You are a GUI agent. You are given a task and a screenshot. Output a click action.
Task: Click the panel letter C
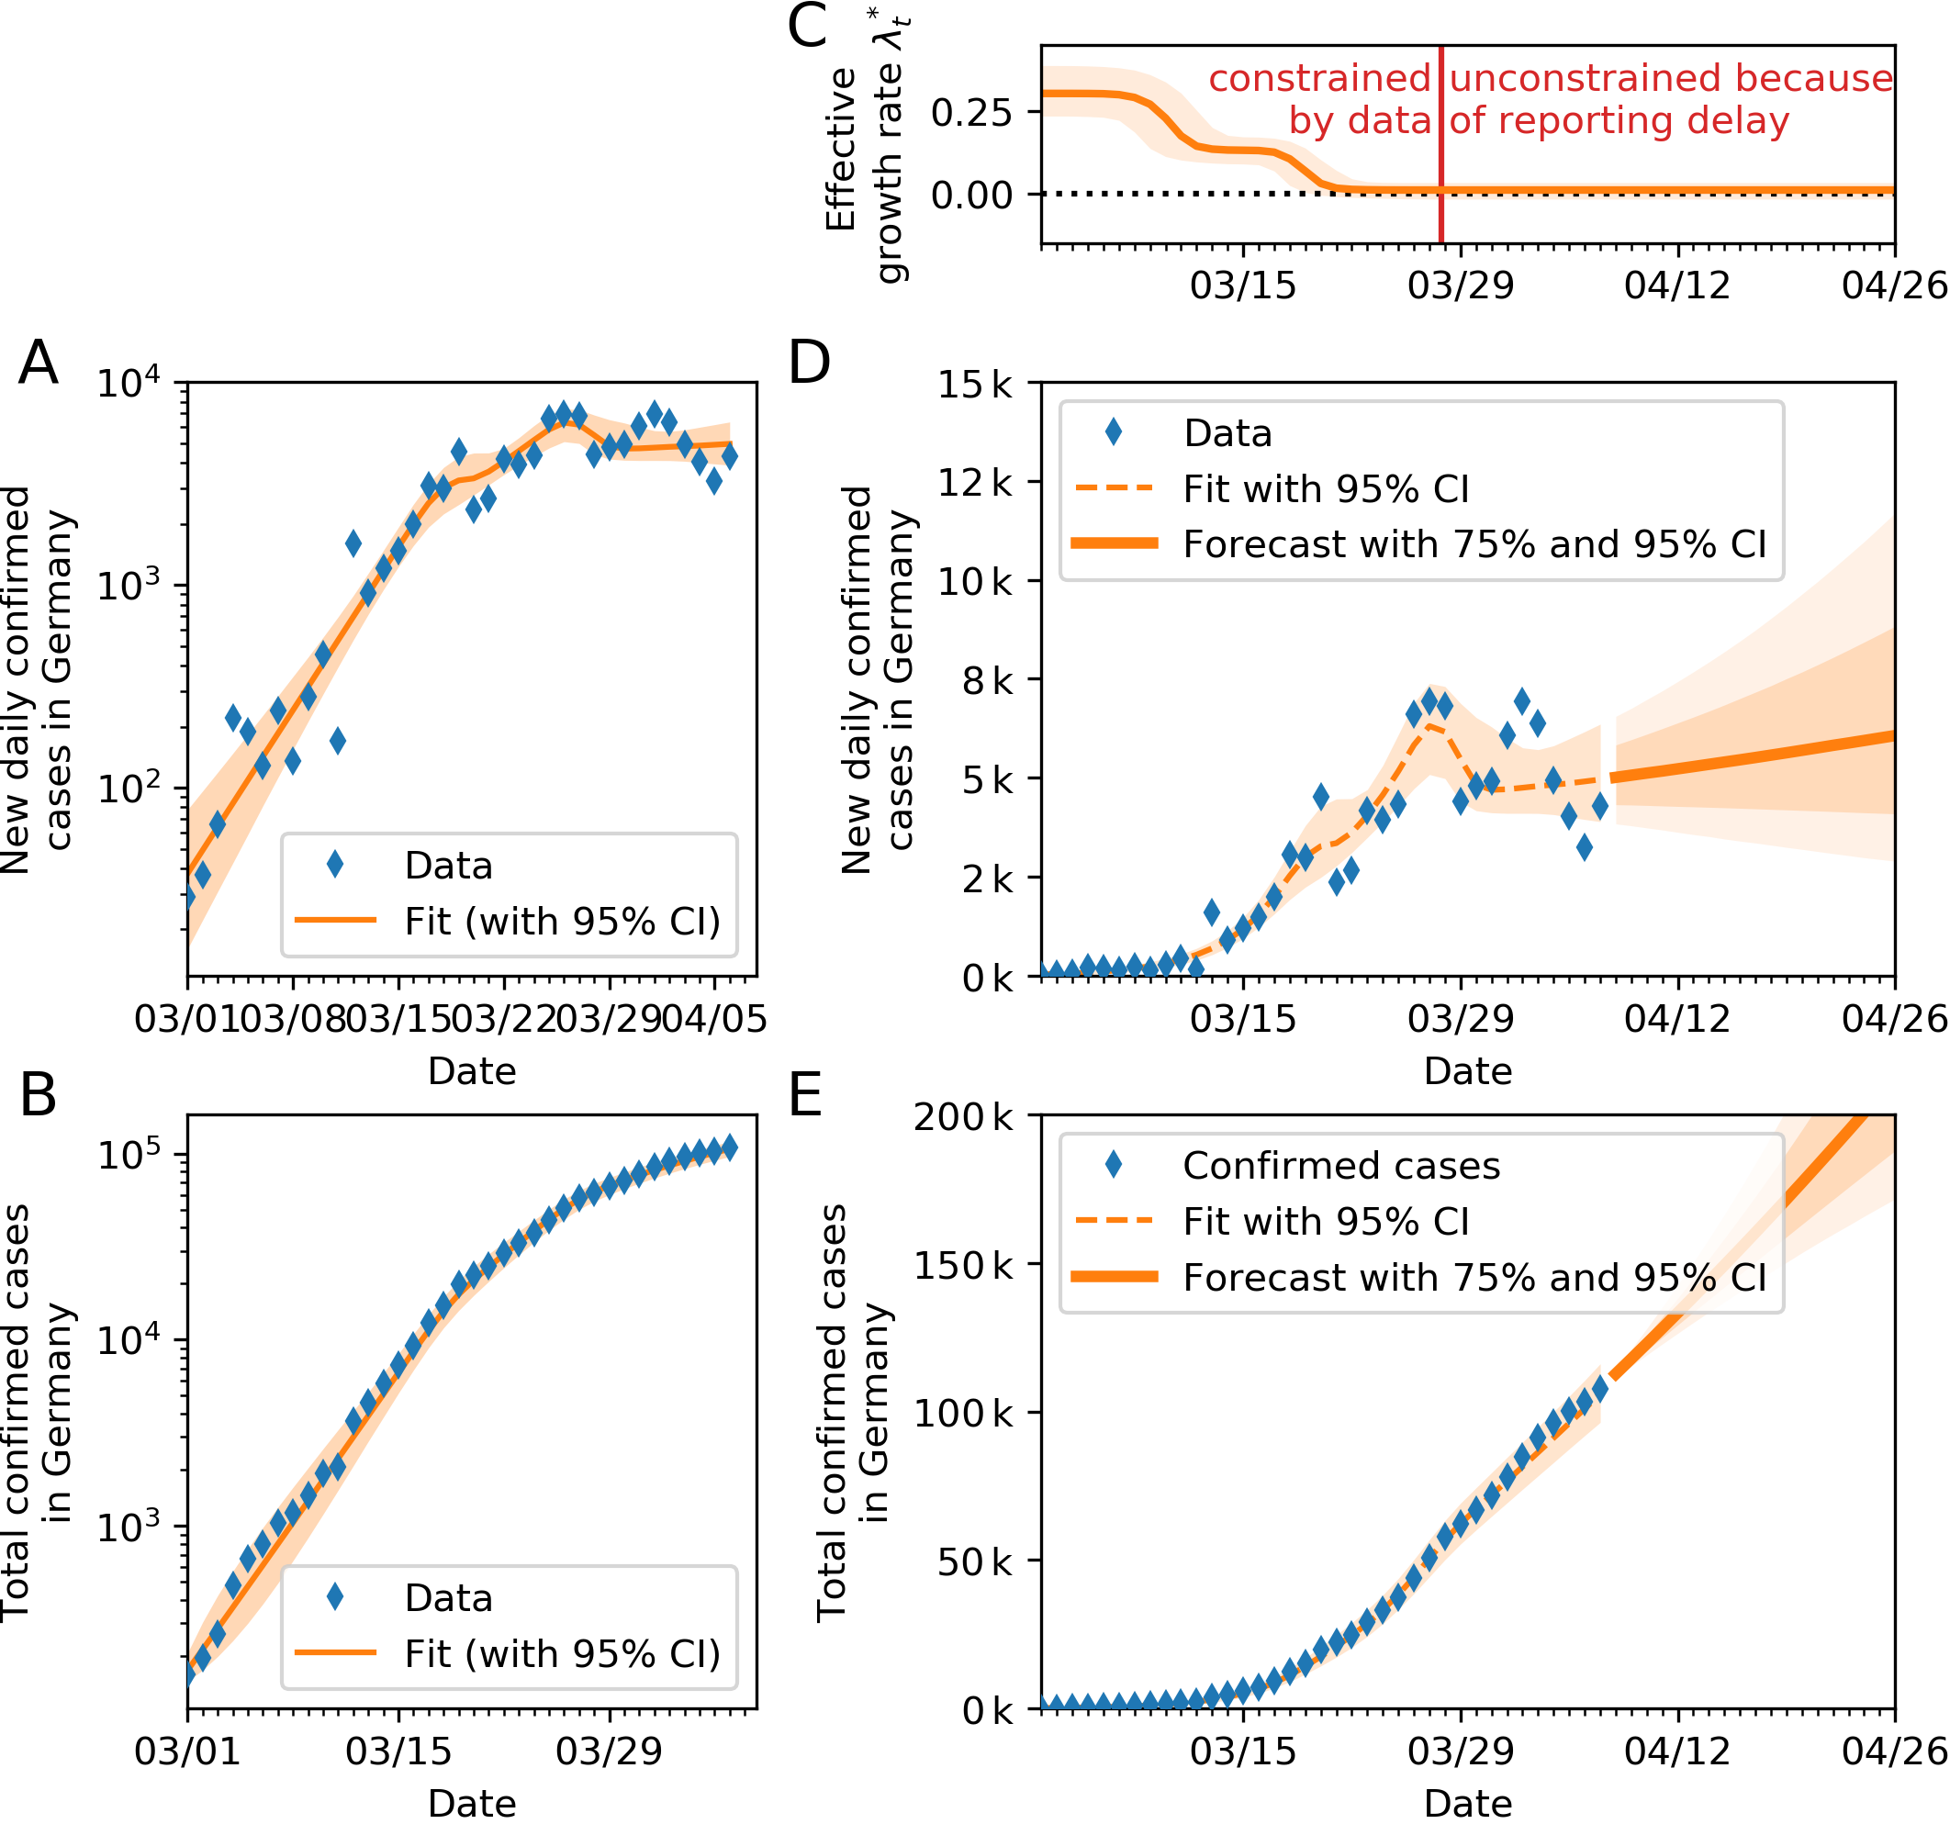tap(807, 27)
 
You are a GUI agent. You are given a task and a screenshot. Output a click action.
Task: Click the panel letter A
tap(39, 363)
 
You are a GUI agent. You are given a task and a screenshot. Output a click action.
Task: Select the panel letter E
tap(805, 1095)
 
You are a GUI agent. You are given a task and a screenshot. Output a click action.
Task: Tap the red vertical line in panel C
tap(1440, 147)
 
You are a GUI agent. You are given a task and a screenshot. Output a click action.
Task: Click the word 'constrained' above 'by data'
tap(1319, 78)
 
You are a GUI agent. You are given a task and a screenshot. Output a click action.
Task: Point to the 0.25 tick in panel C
tap(971, 113)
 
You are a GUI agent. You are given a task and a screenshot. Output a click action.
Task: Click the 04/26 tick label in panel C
tap(1894, 285)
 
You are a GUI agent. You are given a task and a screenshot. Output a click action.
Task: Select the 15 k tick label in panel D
tap(975, 385)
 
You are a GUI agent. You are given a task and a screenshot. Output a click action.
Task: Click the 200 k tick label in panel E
tap(963, 1117)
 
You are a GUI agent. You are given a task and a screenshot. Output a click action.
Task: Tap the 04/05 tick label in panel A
tap(714, 1019)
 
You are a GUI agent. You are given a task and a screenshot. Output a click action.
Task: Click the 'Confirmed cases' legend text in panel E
tap(1341, 1166)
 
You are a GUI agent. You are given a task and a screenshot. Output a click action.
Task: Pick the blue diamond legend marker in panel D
tap(1114, 431)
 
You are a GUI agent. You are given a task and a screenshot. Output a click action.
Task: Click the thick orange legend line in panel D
tap(1115, 543)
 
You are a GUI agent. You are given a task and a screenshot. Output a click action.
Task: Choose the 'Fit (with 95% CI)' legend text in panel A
tap(562, 922)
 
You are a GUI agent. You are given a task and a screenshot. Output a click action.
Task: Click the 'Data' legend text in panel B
tap(448, 1598)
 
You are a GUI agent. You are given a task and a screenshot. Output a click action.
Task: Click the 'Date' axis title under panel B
tap(472, 1804)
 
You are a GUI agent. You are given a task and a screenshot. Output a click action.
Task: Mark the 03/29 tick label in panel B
tap(609, 1751)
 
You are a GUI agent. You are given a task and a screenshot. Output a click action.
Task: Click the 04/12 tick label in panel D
tap(1677, 1019)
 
